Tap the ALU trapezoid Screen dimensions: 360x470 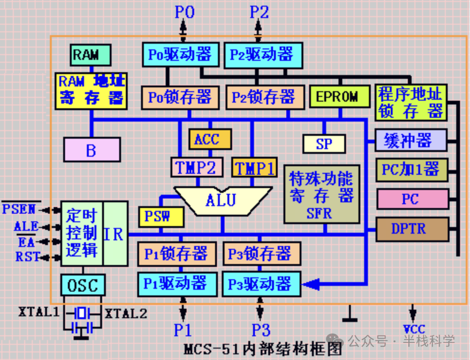pos(221,199)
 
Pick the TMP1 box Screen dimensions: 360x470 pos(254,167)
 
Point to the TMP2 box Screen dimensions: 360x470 pos(196,167)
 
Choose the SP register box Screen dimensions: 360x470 pos(324,143)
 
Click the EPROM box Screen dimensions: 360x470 pos(339,97)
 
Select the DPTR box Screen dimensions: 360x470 pos(412,229)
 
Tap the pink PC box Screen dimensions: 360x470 pos(412,199)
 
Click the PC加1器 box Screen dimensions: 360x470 pos(412,170)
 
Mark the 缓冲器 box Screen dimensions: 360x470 pos(411,141)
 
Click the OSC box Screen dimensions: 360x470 pos(83,285)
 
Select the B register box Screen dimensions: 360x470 pos(92,150)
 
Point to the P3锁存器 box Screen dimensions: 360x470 pos(262,254)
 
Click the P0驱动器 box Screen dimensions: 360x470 pos(180,55)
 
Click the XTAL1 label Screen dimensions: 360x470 pos(38,313)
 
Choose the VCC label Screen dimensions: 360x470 pos(414,329)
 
